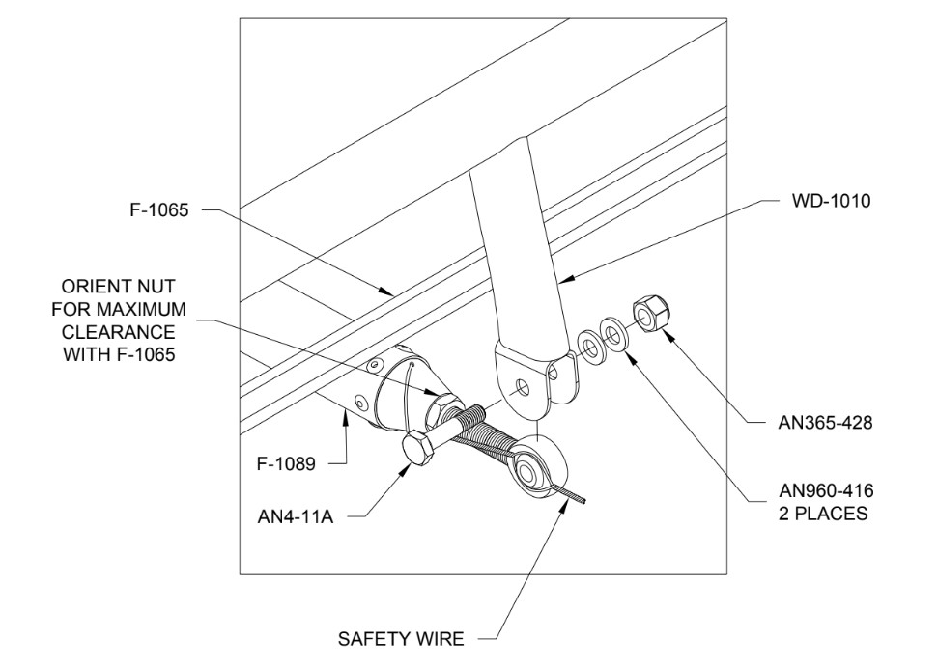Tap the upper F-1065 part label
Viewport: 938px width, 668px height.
point(159,209)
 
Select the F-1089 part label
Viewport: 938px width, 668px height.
point(287,464)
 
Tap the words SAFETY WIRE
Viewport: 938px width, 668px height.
point(401,639)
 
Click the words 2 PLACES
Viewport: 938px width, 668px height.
point(823,514)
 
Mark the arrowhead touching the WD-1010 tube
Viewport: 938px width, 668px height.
point(565,280)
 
